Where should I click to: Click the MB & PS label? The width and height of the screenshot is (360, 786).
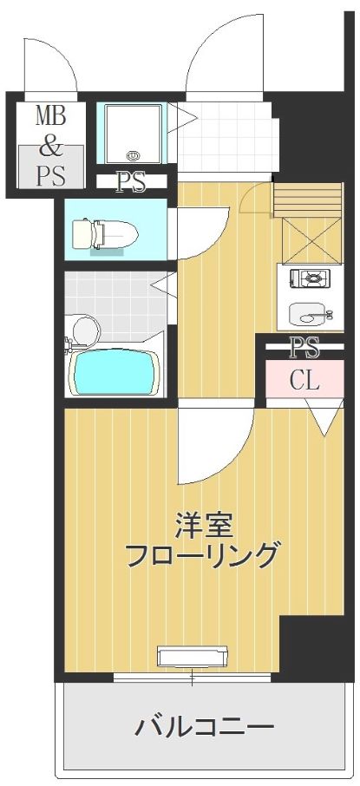pyautogui.click(x=50, y=146)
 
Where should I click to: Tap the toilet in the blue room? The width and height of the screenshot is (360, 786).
pyautogui.click(x=105, y=233)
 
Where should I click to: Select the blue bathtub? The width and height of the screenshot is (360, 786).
pyautogui.click(x=115, y=371)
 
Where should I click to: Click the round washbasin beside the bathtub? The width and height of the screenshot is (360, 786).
pyautogui.click(x=87, y=331)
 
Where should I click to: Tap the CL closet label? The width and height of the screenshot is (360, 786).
pyautogui.click(x=304, y=382)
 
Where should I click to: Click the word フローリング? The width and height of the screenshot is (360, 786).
pyautogui.click(x=201, y=555)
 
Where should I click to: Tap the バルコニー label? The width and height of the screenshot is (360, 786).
pyautogui.click(x=204, y=727)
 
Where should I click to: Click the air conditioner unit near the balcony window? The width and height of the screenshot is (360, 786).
pyautogui.click(x=192, y=656)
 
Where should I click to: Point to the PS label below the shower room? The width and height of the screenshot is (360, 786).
pyautogui.click(x=131, y=181)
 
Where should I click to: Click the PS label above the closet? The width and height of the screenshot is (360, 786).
pyautogui.click(x=305, y=347)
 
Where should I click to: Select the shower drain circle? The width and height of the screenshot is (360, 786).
pyautogui.click(x=133, y=156)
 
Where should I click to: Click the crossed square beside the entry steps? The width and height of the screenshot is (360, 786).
pyautogui.click(x=311, y=240)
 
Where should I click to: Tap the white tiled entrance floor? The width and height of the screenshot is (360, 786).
pyautogui.click(x=228, y=136)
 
